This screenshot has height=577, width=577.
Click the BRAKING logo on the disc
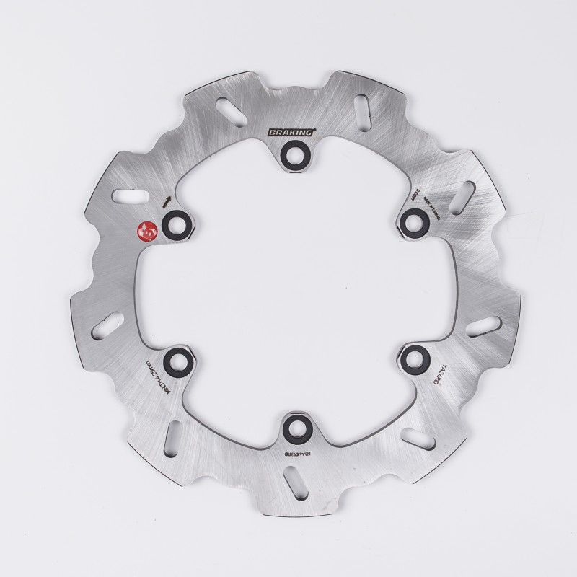point(292,133)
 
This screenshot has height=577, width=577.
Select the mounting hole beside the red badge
point(176,224)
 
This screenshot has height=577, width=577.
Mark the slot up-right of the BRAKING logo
point(360,112)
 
